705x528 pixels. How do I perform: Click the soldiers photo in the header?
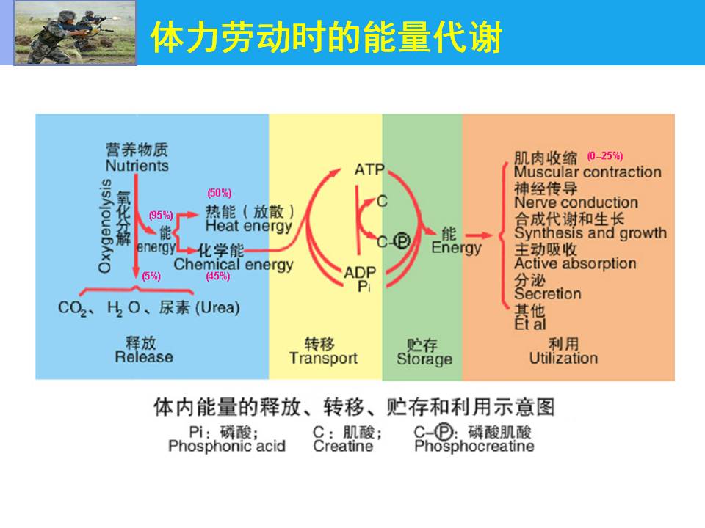[75, 33]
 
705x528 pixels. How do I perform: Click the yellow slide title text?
[326, 37]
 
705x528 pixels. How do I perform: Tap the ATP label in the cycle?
[369, 169]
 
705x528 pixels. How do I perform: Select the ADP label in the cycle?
[360, 273]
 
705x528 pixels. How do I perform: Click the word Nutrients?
[137, 166]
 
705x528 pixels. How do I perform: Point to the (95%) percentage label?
[161, 215]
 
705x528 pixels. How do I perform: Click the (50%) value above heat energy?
[220, 193]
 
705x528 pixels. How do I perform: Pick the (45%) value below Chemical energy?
[218, 276]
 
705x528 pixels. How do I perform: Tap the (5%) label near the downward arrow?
[151, 276]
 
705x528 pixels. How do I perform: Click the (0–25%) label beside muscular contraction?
[605, 156]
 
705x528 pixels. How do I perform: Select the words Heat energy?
[249, 227]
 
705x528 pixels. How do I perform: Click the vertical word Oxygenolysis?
[104, 226]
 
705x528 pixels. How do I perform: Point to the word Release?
[144, 357]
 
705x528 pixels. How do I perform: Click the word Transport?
[323, 359]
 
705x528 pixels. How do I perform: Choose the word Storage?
[424, 359]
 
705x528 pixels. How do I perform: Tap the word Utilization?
[563, 359]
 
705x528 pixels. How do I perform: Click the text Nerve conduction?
[576, 202]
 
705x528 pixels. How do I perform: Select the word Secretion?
[548, 294]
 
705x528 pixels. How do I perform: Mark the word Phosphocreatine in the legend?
[474, 447]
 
